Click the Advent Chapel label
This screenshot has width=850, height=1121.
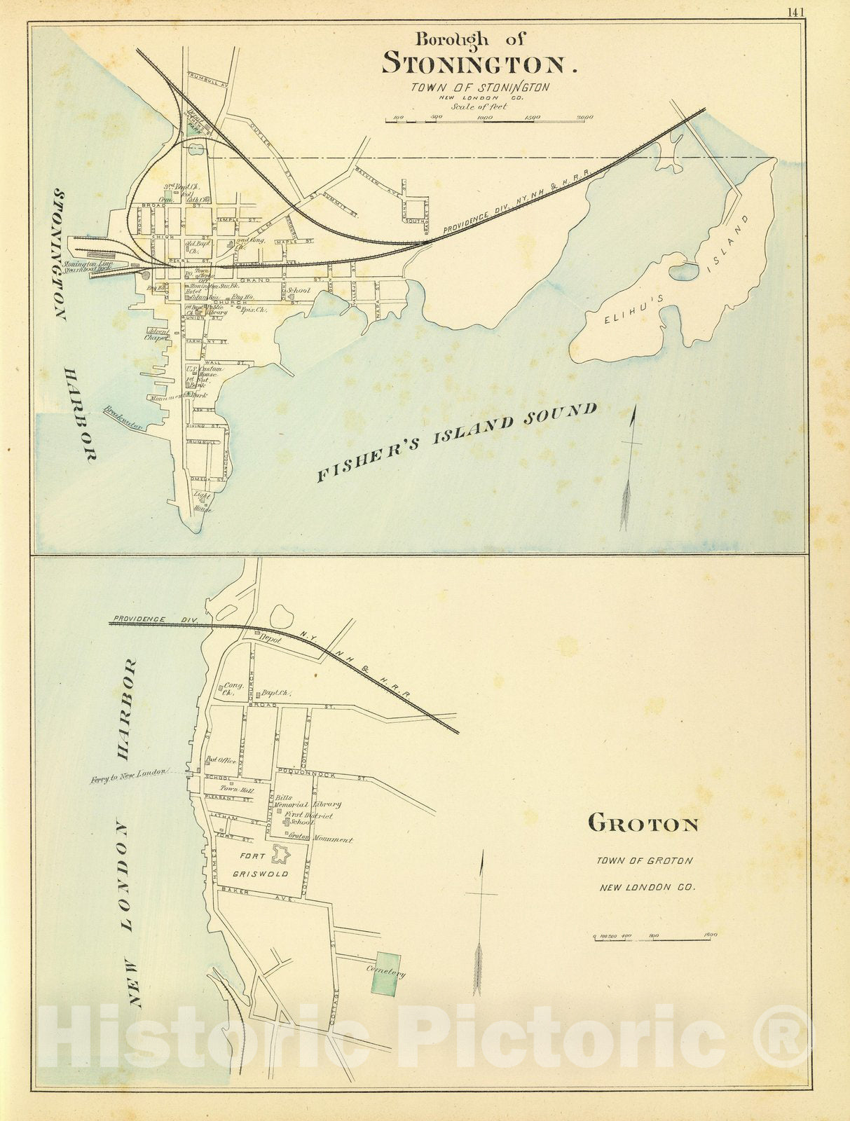157,334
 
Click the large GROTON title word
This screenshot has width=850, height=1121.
643,823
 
